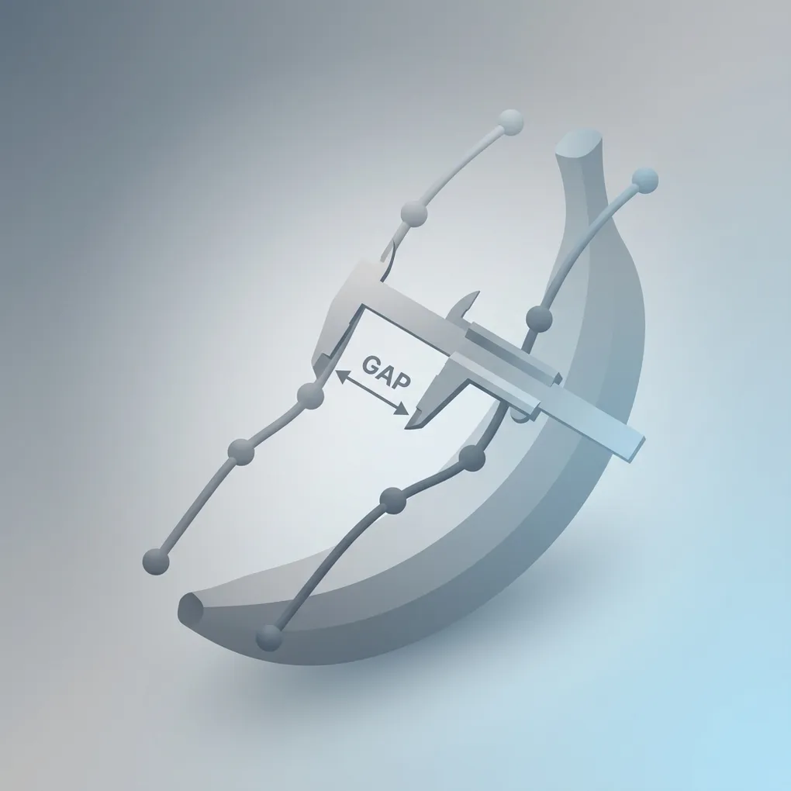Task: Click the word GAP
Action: (x=387, y=371)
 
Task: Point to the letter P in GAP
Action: (x=402, y=381)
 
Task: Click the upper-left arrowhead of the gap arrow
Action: (x=341, y=375)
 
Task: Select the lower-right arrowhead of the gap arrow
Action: (x=402, y=409)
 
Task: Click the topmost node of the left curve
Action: (x=510, y=123)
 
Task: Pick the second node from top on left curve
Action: (x=414, y=214)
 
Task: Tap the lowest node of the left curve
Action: (x=156, y=561)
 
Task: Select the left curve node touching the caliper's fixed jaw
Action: (x=310, y=396)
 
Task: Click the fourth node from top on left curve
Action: (x=240, y=452)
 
